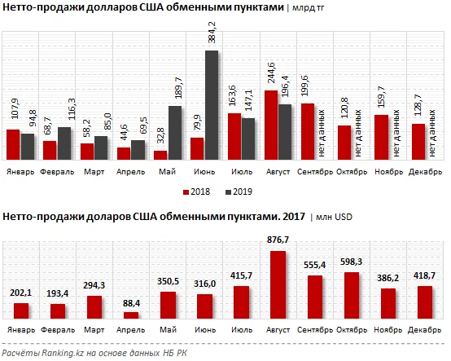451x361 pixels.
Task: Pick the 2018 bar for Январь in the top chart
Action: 13,145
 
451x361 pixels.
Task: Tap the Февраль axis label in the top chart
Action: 57,173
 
